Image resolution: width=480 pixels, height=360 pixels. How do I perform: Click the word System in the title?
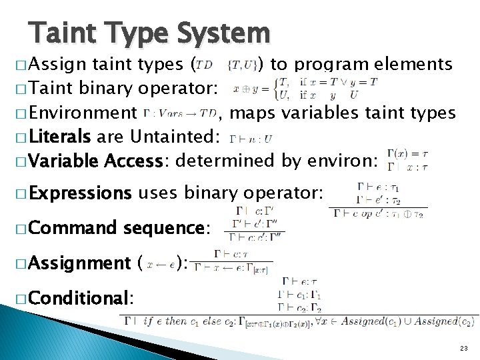click(x=223, y=33)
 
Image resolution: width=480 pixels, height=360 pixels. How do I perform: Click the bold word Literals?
click(x=60, y=137)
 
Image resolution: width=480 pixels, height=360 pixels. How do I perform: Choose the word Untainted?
click(x=172, y=137)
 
